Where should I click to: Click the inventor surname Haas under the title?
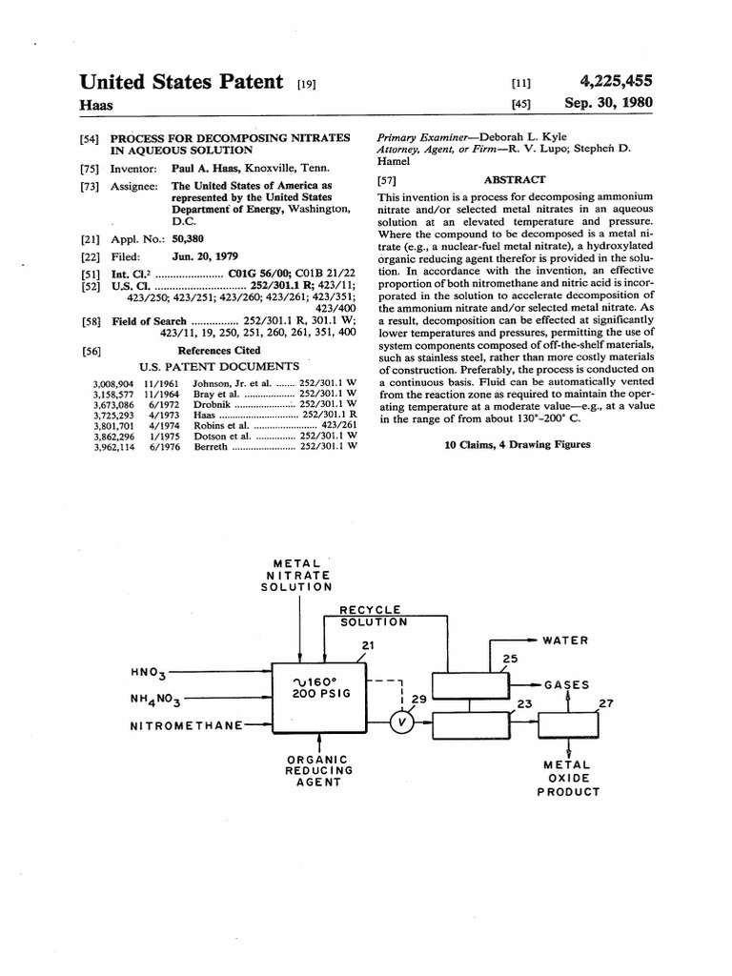pyautogui.click(x=94, y=105)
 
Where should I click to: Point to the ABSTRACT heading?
pyautogui.click(x=515, y=179)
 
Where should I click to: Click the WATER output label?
pyautogui.click(x=565, y=640)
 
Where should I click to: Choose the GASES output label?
pyautogui.click(x=566, y=684)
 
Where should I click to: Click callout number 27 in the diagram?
pyautogui.click(x=605, y=703)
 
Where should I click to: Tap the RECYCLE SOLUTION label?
pyautogui.click(x=375, y=616)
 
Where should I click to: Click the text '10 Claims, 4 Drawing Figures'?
pyautogui.click(x=518, y=444)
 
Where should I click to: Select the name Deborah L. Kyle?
pyautogui.click(x=529, y=137)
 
